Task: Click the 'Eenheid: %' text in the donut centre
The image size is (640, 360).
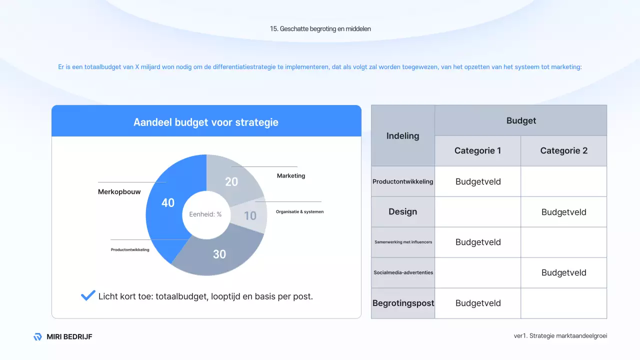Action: pyautogui.click(x=205, y=214)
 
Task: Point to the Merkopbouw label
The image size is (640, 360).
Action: pyautogui.click(x=119, y=191)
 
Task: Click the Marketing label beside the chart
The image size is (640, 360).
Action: pyautogui.click(x=291, y=175)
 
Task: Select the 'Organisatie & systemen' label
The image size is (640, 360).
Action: pyautogui.click(x=299, y=211)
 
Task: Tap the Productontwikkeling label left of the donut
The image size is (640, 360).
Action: pyautogui.click(x=130, y=249)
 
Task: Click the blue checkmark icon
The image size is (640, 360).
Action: pyautogui.click(x=88, y=295)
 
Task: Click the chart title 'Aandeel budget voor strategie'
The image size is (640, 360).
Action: pyautogui.click(x=206, y=122)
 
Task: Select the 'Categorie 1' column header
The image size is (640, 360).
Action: pyautogui.click(x=477, y=150)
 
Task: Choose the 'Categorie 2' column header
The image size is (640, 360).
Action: pyautogui.click(x=563, y=150)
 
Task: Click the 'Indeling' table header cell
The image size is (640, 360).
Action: pyautogui.click(x=402, y=135)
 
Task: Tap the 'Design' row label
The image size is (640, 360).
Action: pyautogui.click(x=402, y=211)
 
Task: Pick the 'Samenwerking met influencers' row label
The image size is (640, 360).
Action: pyautogui.click(x=403, y=242)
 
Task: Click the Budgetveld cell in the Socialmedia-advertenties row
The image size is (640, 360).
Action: pyautogui.click(x=563, y=272)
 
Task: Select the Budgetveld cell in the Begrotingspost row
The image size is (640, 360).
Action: pyautogui.click(x=478, y=303)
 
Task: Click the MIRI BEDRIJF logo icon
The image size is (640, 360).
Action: pyautogui.click(x=37, y=336)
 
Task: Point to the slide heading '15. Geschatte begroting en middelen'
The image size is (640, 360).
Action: pyautogui.click(x=320, y=28)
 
